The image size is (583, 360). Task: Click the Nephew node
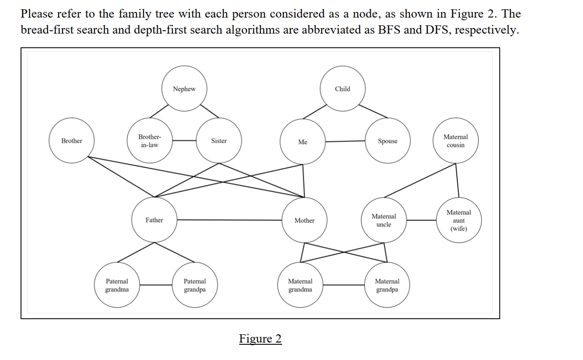tap(184, 89)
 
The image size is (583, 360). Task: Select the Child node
tap(342, 89)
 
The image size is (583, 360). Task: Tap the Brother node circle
tap(72, 141)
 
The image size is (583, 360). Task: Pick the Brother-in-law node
tap(149, 141)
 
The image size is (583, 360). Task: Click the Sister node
tap(219, 141)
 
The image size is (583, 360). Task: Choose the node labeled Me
tap(302, 142)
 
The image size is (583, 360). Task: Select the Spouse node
tap(387, 141)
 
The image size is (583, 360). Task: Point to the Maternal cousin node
tap(455, 141)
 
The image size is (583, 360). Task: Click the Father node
tap(154, 220)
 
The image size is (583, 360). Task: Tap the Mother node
tap(304, 220)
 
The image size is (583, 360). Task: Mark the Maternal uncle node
tap(384, 220)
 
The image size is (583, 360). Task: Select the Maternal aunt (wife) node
tap(458, 220)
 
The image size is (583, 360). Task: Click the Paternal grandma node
tap(117, 285)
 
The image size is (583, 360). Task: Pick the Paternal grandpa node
tap(195, 285)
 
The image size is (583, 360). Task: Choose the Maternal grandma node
tap(300, 285)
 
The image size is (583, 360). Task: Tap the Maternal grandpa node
tap(387, 285)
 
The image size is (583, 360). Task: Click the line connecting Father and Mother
tap(230, 220)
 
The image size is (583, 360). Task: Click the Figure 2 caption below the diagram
tap(260, 339)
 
